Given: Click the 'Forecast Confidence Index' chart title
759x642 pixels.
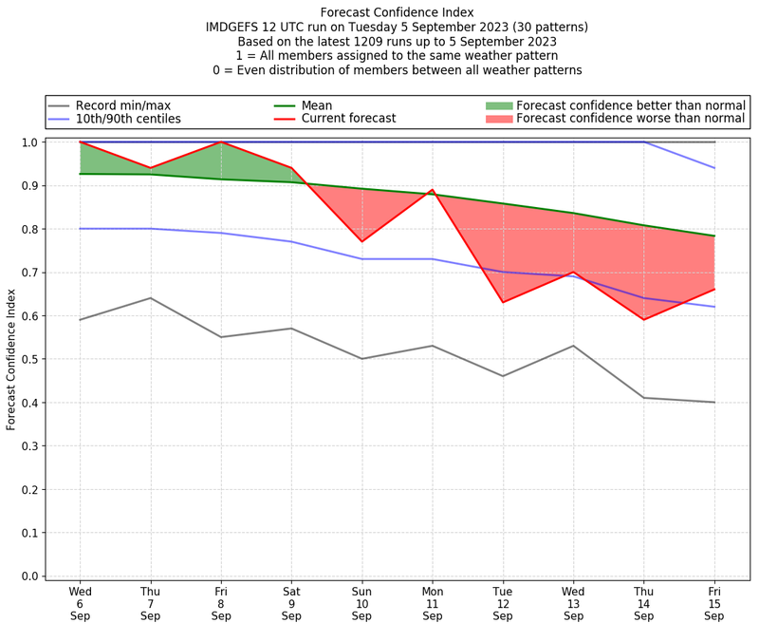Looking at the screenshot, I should tap(397, 12).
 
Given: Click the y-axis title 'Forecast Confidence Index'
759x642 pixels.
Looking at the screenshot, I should tap(11, 359).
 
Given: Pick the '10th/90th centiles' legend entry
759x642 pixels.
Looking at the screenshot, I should tap(128, 119).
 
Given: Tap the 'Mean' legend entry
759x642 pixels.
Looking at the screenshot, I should tap(317, 105).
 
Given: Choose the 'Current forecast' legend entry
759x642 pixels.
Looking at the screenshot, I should tap(348, 119).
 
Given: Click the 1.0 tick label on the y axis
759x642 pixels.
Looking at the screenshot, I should tap(30, 142).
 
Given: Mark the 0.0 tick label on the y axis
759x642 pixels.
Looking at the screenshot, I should tap(30, 576).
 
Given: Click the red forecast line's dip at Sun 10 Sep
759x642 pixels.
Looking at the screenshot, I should tap(361, 241).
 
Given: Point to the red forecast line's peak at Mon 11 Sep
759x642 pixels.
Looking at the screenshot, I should tap(433, 190).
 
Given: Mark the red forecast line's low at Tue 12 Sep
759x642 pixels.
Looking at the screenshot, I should tap(503, 302).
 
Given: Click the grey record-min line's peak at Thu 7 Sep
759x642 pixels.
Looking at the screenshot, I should tap(150, 298).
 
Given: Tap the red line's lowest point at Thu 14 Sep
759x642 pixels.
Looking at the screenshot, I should tap(644, 319).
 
